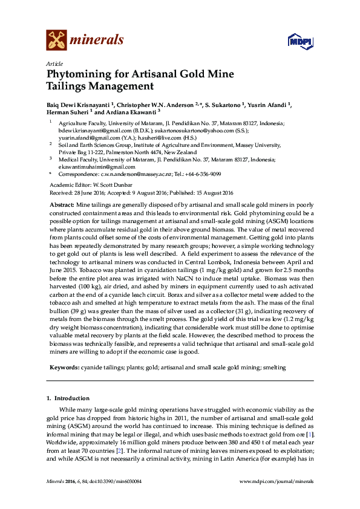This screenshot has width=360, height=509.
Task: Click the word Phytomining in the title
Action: click(x=81, y=75)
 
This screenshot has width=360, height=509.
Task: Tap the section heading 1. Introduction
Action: click(x=68, y=399)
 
